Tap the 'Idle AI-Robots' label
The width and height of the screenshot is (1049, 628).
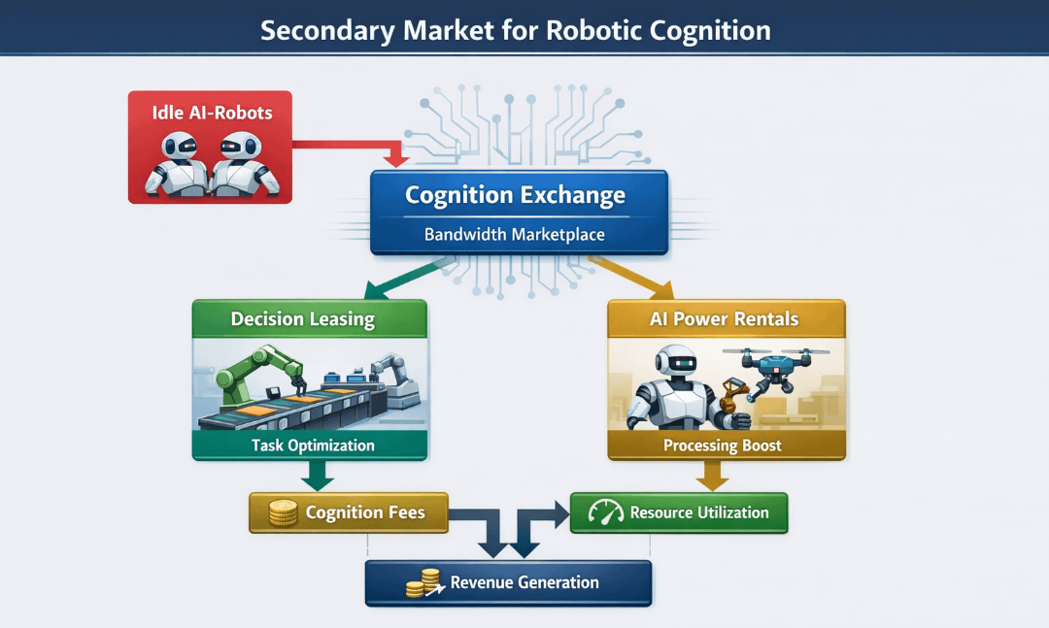point(212,113)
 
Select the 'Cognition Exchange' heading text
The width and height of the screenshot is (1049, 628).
point(515,195)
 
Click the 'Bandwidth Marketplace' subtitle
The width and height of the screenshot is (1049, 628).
point(515,235)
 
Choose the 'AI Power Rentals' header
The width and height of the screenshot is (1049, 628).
point(726,319)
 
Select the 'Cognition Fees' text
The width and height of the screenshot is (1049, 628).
point(365,512)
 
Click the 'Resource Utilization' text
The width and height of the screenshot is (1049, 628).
point(699,512)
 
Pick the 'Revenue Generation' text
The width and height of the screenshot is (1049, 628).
point(524,582)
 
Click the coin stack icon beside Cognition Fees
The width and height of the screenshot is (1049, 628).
point(282,513)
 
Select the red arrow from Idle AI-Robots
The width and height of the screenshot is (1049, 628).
point(350,145)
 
